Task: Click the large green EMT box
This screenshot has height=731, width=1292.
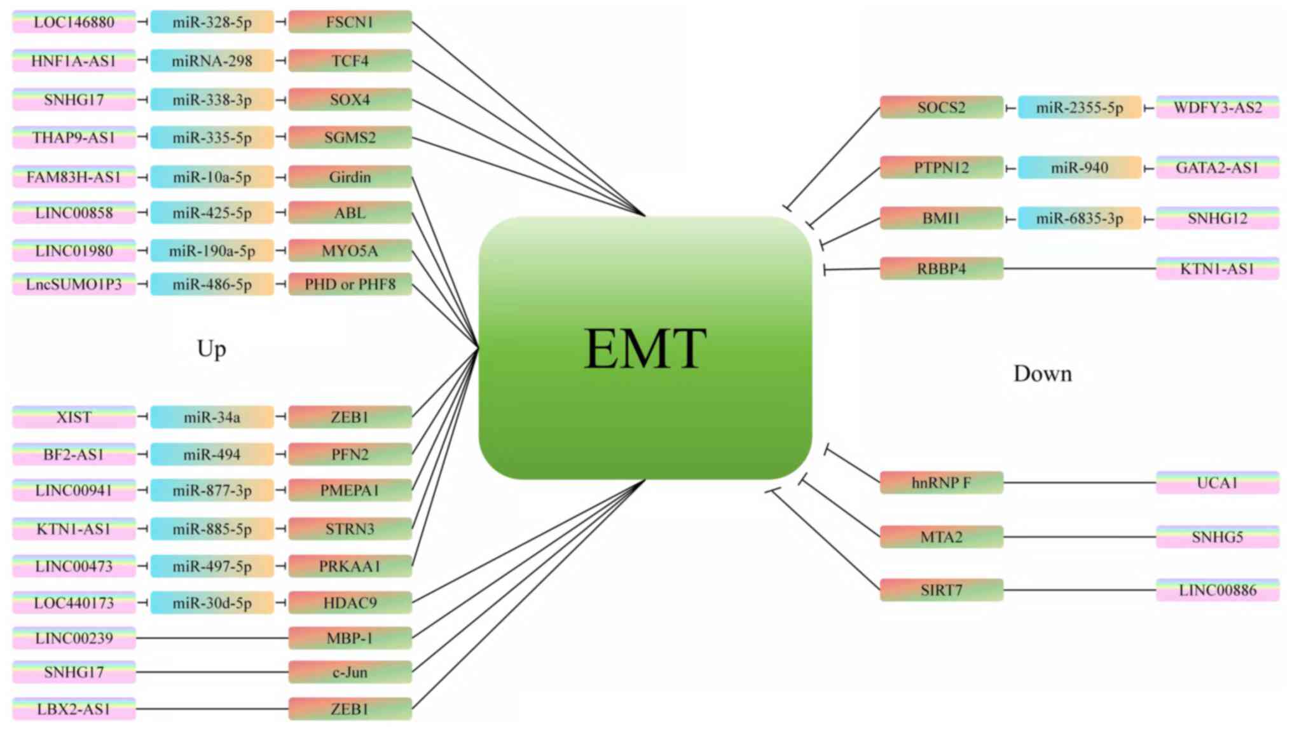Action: coord(645,348)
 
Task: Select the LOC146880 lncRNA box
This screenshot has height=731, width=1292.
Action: coord(74,22)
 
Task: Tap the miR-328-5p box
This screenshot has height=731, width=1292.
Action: coord(212,22)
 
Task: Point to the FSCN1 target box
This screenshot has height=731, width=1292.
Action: coord(350,22)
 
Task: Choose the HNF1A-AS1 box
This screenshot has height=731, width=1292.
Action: coord(74,61)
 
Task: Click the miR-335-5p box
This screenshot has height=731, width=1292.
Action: coord(212,137)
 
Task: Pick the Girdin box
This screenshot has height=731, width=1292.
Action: coord(350,177)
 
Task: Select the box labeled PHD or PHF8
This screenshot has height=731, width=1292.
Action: coord(350,284)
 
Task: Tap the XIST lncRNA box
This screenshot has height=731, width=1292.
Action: coord(74,417)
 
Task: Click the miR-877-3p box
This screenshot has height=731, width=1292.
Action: coord(212,490)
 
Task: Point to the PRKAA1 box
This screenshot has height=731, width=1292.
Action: coord(350,566)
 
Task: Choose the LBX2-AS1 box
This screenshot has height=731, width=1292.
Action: coord(74,709)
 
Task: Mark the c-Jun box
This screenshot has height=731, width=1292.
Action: coord(350,672)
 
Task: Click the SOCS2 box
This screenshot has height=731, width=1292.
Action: coord(941,107)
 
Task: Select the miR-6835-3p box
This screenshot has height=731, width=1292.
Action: coord(1079,218)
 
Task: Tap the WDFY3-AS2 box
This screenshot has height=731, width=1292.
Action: coord(1217,107)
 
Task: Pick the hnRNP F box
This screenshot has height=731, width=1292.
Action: coord(941,482)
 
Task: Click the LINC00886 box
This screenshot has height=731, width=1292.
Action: coord(1217,590)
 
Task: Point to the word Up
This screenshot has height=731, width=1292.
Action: coord(212,349)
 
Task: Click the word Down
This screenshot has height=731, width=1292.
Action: coord(1042,374)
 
